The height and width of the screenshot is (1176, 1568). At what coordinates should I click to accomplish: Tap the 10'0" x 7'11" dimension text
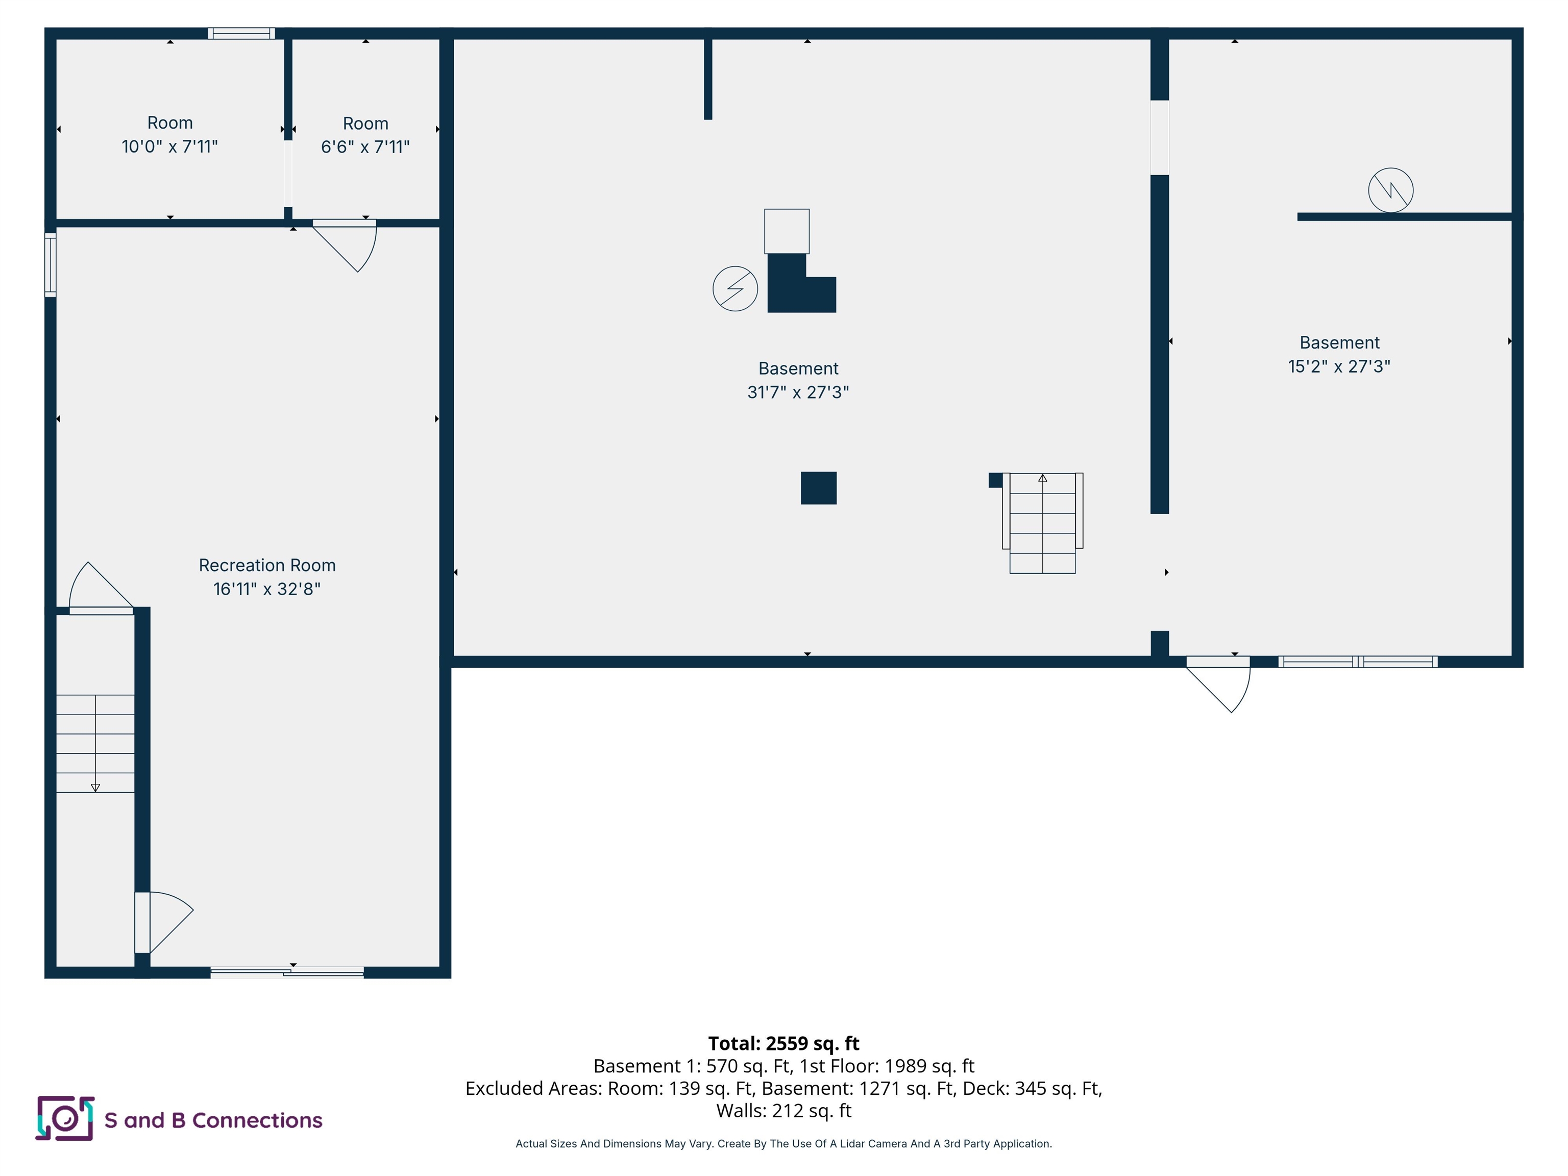(169, 146)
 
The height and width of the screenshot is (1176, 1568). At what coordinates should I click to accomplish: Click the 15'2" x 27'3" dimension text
(1338, 366)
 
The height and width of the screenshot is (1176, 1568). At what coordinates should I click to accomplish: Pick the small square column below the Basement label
(818, 487)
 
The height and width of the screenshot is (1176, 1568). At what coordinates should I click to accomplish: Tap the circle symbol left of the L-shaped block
(734, 288)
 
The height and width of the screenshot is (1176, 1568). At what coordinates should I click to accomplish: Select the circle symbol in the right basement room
(1389, 190)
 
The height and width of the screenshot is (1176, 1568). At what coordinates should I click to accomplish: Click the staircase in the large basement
(1042, 523)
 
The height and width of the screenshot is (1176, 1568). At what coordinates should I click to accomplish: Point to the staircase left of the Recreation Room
(95, 743)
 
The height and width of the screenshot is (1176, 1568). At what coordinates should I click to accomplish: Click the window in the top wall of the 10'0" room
(241, 33)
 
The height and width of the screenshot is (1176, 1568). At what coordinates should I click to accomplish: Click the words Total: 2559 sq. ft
(783, 1043)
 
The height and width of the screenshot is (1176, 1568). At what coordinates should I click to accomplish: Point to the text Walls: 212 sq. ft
(783, 1111)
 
